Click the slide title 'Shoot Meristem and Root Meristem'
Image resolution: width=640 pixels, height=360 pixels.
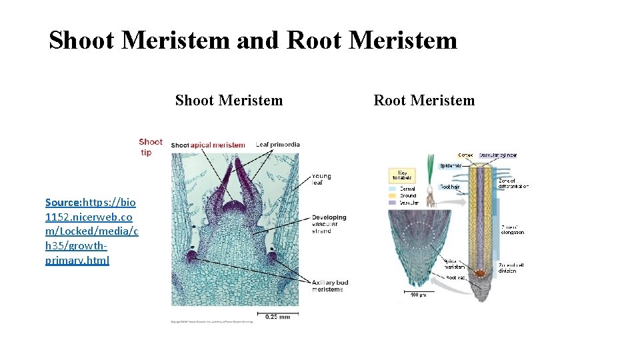click(253, 40)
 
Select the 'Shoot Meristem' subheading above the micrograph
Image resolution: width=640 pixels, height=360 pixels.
click(229, 101)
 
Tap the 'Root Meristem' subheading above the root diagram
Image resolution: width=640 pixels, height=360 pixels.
click(424, 101)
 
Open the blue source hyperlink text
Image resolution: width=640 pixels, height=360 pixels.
click(91, 231)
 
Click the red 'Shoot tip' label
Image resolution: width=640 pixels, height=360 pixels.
click(151, 147)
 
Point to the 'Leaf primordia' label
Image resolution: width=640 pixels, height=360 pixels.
click(277, 145)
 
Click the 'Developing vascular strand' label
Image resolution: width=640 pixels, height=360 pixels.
click(329, 224)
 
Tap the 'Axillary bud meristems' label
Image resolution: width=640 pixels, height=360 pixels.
click(329, 286)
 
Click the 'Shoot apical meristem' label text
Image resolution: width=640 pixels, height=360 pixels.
click(207, 145)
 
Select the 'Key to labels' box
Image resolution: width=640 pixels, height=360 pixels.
click(403, 176)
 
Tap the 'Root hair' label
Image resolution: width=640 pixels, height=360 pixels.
click(450, 187)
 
